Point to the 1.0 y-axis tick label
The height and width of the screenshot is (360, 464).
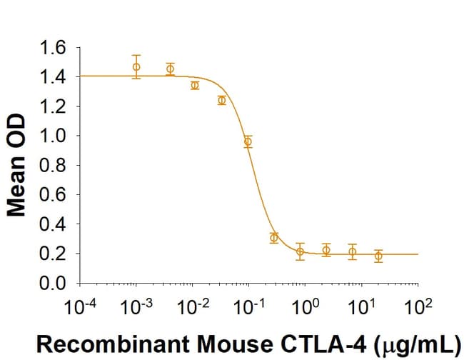56,136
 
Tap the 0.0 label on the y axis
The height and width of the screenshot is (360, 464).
56,284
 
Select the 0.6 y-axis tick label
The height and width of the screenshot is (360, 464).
56,195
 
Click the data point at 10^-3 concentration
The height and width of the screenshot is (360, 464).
136,67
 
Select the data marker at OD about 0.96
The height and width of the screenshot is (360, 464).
248,141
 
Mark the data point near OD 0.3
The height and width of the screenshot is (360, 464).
274,238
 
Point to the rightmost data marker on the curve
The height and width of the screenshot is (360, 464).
378,255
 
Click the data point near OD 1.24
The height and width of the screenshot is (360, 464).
222,100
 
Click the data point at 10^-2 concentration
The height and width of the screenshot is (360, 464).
195,85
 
